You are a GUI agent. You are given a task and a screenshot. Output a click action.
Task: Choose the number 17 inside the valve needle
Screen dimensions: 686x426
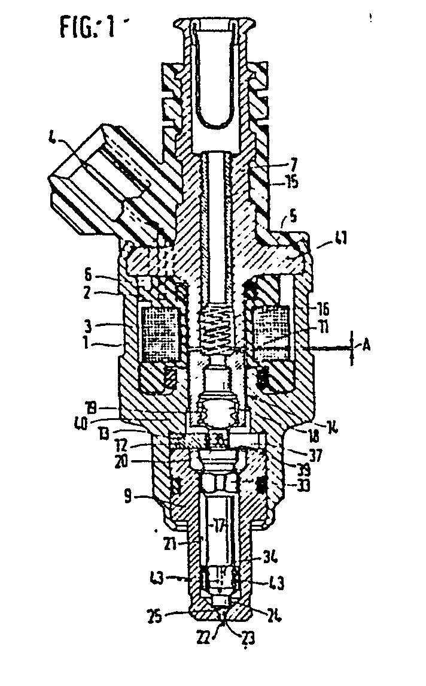click(x=217, y=528)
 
